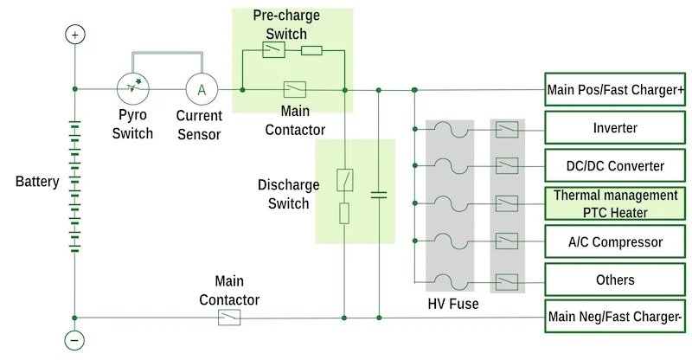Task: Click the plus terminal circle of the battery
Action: [x=75, y=35]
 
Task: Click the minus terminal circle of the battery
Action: [x=75, y=340]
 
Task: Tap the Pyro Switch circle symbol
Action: [x=133, y=89]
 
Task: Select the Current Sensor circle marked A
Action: [x=202, y=89]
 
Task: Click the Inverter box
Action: [x=614, y=128]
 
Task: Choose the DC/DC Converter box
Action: [x=614, y=166]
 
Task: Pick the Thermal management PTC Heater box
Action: [x=614, y=203]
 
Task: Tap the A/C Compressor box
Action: [x=614, y=241]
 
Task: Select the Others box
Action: [x=614, y=280]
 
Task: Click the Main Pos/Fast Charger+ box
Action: [x=614, y=89]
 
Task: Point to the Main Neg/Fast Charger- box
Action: [x=614, y=318]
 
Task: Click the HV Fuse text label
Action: [x=452, y=304]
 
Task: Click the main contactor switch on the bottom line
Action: [x=229, y=318]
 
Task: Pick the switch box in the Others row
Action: [x=506, y=280]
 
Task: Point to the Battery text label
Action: [x=37, y=182]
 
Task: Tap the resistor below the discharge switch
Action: [x=344, y=213]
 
